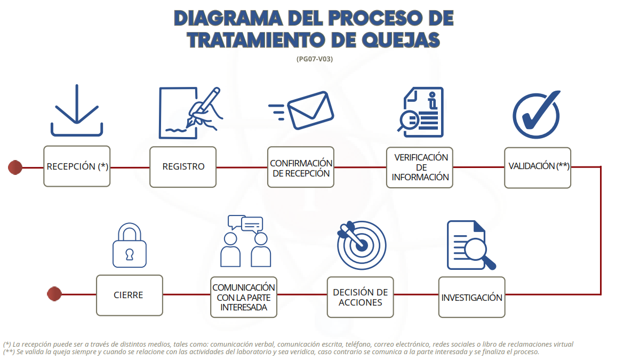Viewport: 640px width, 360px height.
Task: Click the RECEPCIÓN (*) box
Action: click(x=77, y=166)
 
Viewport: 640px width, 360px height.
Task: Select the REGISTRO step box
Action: click(x=183, y=167)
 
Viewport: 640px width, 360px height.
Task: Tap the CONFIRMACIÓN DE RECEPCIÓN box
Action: click(x=301, y=167)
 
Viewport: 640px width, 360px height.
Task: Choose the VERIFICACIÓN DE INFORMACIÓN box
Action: click(x=420, y=167)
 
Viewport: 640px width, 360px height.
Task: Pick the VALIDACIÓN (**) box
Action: click(x=538, y=167)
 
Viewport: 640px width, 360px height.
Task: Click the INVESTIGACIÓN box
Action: click(x=471, y=297)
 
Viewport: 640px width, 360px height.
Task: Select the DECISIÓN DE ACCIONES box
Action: click(x=361, y=297)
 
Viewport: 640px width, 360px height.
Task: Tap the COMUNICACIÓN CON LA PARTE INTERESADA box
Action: click(x=244, y=297)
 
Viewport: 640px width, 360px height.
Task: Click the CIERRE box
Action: click(x=130, y=295)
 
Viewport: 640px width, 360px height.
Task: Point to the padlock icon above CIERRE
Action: click(x=130, y=245)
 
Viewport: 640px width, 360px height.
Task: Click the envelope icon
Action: click(x=310, y=110)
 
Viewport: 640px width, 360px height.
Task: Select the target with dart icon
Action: click(x=362, y=245)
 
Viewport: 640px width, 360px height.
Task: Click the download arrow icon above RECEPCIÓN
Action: click(x=77, y=110)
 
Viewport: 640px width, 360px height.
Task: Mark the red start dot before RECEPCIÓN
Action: click(x=15, y=167)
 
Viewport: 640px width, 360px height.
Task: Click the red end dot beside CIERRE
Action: click(x=54, y=294)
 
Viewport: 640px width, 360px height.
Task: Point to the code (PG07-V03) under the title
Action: click(x=315, y=59)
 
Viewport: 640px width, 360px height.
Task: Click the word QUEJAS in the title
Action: click(x=401, y=40)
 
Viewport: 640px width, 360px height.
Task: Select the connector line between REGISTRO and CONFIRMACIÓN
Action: click(x=242, y=167)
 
